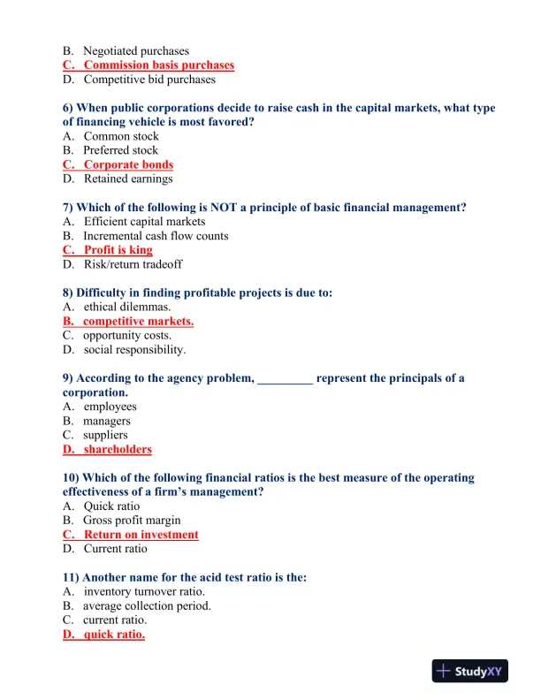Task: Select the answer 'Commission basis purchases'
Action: pos(158,65)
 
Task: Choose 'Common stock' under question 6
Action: pos(121,136)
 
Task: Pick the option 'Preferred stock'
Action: pos(120,150)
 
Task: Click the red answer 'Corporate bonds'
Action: pos(128,164)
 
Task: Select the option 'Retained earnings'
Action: pos(128,179)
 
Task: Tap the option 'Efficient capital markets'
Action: pos(144,222)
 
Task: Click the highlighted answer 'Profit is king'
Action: pos(118,250)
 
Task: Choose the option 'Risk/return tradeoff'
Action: pos(133,264)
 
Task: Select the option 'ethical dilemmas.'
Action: pos(127,307)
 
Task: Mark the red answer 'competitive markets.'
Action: pos(138,321)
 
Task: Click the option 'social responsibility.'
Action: pos(134,349)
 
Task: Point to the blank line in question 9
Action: pos(285,378)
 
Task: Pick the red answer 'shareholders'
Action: pos(118,449)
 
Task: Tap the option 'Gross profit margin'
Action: pos(133,521)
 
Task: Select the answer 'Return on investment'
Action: pos(141,535)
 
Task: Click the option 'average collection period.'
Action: pos(147,605)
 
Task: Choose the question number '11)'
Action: pos(72,577)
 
